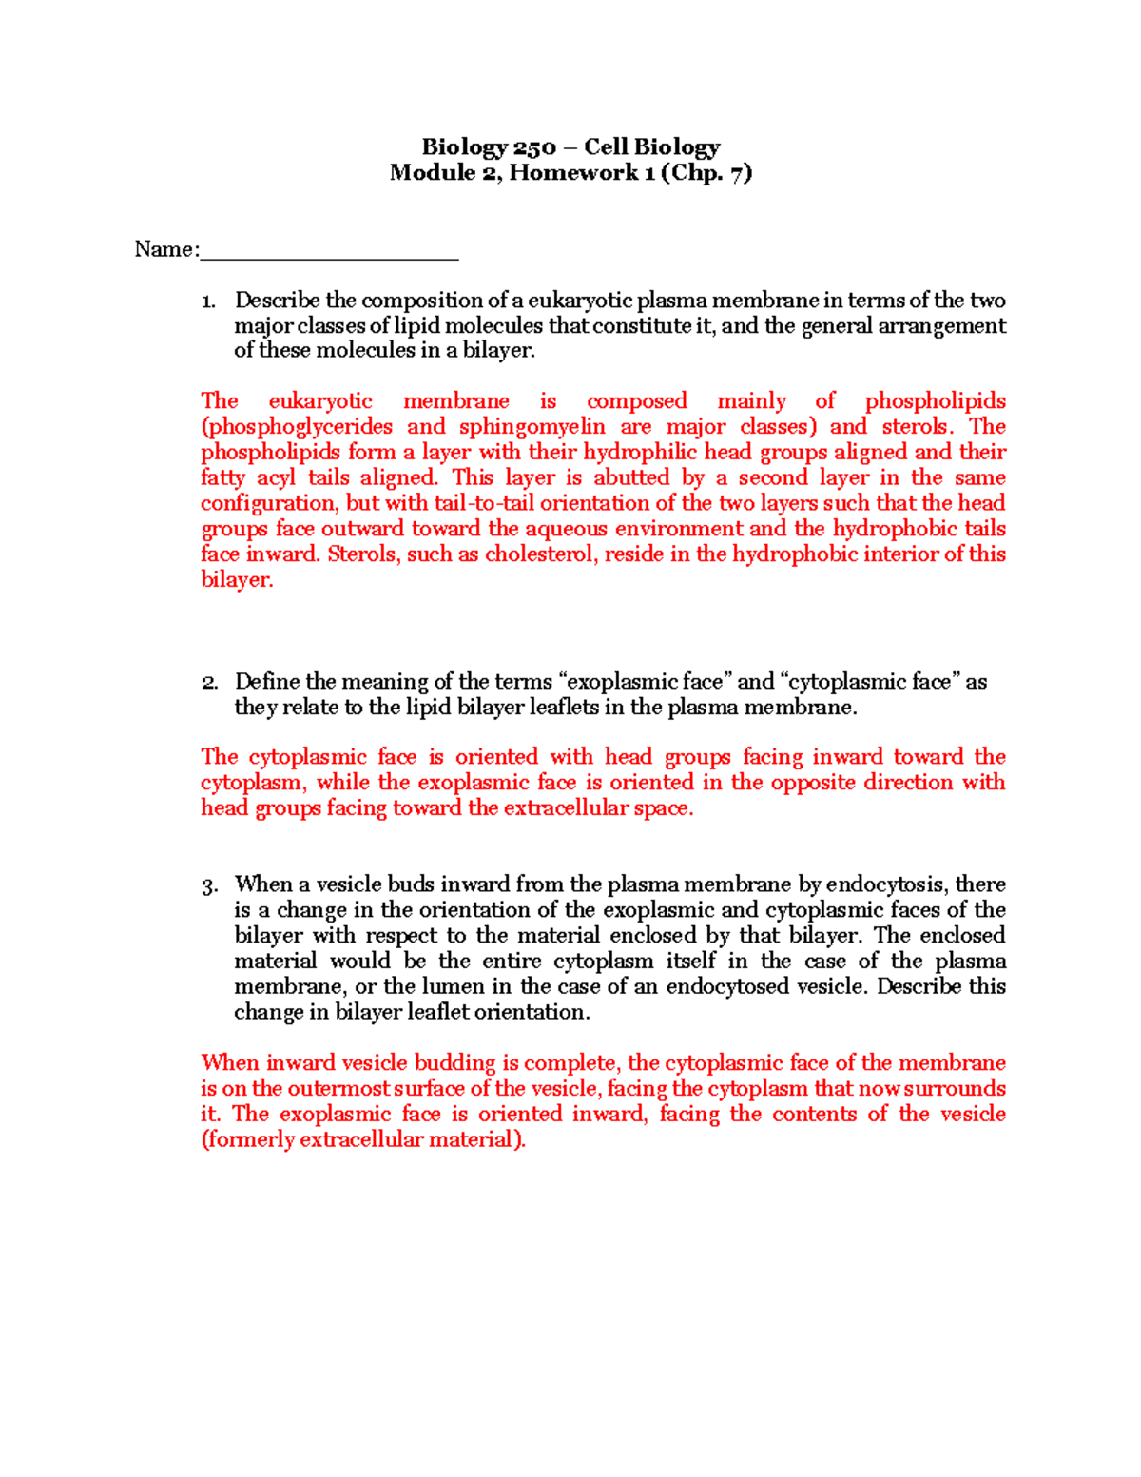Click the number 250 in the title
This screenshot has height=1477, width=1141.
534,147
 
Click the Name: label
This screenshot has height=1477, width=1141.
167,249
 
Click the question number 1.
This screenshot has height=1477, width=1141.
208,301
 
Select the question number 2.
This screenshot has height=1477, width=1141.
209,683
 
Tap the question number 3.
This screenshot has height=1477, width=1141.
209,885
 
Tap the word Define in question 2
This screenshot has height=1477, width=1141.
268,682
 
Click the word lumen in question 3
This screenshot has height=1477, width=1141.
468,986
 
